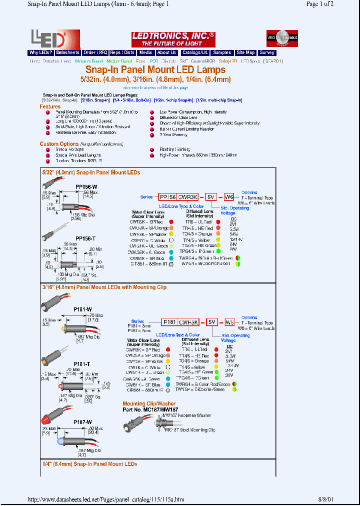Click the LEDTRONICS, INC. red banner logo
point(173,39)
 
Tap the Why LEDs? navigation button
point(40,52)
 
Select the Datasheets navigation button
point(67,52)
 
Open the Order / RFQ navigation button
point(95,52)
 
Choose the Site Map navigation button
point(245,52)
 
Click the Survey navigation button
point(267,52)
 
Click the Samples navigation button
point(221,52)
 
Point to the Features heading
point(50,106)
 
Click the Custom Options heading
point(59,144)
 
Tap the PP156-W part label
point(86,186)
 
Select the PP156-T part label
point(85,238)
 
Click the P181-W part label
point(82,309)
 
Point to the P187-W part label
point(83,421)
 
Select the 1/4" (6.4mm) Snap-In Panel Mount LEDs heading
point(90,464)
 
